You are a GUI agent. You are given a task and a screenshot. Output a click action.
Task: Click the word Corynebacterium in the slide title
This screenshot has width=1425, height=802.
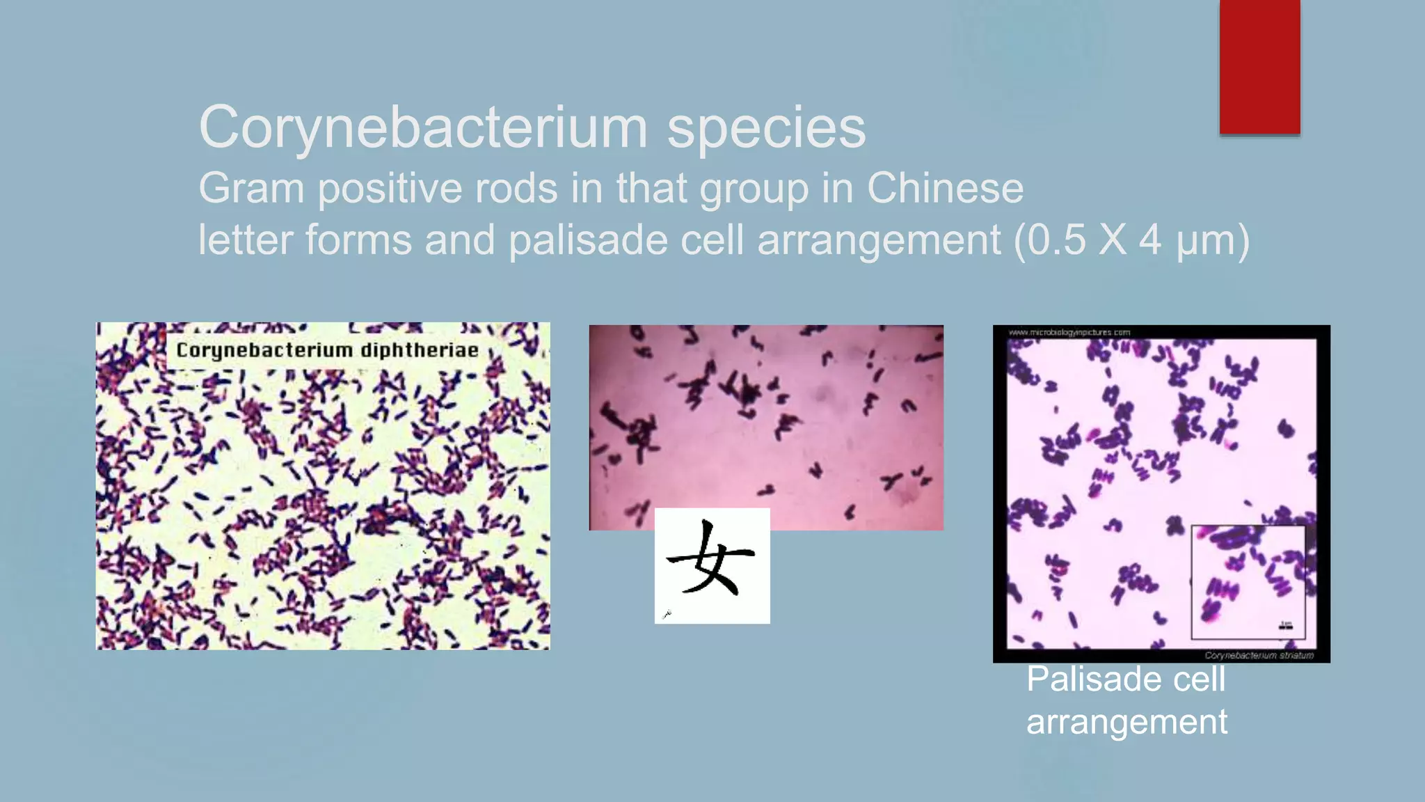pyautogui.click(x=423, y=127)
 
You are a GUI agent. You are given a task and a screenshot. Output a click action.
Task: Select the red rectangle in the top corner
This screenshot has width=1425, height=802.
pyautogui.click(x=1259, y=66)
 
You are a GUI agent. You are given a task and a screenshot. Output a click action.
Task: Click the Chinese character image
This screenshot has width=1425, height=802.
pyautogui.click(x=712, y=565)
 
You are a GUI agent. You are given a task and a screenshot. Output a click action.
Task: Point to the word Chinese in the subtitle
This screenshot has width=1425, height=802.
pyautogui.click(x=945, y=188)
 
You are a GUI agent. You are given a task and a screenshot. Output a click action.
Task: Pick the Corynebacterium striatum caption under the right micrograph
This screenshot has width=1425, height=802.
pyautogui.click(x=1259, y=655)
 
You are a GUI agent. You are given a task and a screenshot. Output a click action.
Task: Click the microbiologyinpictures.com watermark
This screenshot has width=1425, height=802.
pyautogui.click(x=1069, y=333)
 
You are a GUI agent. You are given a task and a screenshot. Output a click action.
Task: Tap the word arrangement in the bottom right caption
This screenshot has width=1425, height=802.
pyautogui.click(x=1127, y=722)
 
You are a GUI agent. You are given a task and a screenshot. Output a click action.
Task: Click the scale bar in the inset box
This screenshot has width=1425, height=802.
pyautogui.click(x=1286, y=627)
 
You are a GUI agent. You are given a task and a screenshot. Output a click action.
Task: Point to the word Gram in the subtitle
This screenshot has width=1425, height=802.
pyautogui.click(x=251, y=188)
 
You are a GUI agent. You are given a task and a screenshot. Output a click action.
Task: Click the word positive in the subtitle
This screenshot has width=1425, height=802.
pyautogui.click(x=390, y=188)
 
